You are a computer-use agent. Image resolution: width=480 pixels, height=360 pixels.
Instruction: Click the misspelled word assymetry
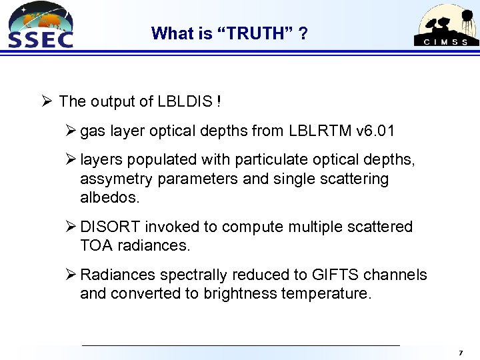pos(111,179)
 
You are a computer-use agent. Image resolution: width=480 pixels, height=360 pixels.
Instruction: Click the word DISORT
pos(110,227)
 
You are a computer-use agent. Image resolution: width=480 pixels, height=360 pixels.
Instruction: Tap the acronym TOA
pos(96,245)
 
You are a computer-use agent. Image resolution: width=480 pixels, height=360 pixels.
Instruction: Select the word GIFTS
pos(331,275)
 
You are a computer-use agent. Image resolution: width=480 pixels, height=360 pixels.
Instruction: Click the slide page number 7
pos(460,351)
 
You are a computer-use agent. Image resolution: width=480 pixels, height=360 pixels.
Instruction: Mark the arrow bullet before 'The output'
pos(46,101)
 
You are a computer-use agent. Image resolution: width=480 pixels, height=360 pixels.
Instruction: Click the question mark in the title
pos(303,33)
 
